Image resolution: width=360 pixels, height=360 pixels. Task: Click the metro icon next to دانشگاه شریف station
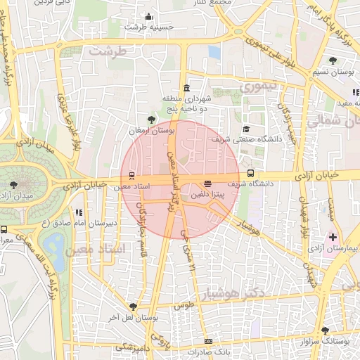tap(250, 173)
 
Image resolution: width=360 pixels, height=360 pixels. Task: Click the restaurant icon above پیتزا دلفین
tap(207, 184)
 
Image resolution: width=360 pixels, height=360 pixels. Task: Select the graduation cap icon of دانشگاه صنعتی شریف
tap(246, 129)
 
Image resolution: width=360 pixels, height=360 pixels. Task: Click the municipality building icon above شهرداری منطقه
tap(186, 88)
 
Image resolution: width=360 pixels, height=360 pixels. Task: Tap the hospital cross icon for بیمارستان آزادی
tap(333, 238)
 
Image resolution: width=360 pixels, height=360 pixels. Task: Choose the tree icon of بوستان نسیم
tap(332, 61)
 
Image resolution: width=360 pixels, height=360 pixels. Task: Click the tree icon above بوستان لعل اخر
tap(133, 306)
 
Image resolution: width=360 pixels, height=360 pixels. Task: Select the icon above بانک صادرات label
tap(207, 340)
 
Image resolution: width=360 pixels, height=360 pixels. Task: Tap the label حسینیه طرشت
tap(144, 27)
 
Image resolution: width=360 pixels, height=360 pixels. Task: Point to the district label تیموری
tap(257, 88)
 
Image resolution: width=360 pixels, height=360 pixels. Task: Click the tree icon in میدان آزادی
tap(14, 185)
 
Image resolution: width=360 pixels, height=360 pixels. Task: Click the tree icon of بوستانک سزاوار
tap(324, 330)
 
